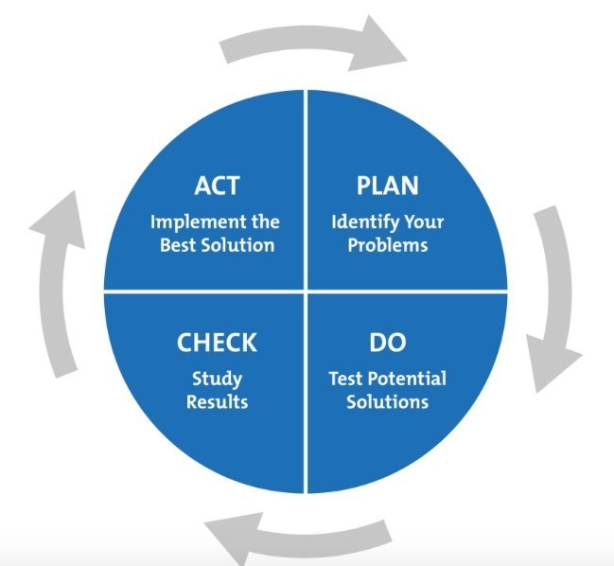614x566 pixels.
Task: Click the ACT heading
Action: (x=217, y=186)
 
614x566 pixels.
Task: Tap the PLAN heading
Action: (x=387, y=186)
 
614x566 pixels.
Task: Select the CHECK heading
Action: (x=217, y=343)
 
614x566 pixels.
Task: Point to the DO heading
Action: (x=388, y=343)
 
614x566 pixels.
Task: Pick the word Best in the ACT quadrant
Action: (x=177, y=245)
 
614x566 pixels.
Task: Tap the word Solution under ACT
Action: (x=237, y=245)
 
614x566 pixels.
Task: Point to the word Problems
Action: (x=388, y=245)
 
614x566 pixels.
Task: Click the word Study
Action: (x=218, y=380)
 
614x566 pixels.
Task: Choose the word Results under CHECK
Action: (x=218, y=402)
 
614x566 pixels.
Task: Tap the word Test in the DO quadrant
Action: (x=345, y=379)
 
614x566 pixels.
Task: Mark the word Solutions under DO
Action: (x=388, y=402)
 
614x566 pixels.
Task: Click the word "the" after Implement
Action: (x=266, y=221)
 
